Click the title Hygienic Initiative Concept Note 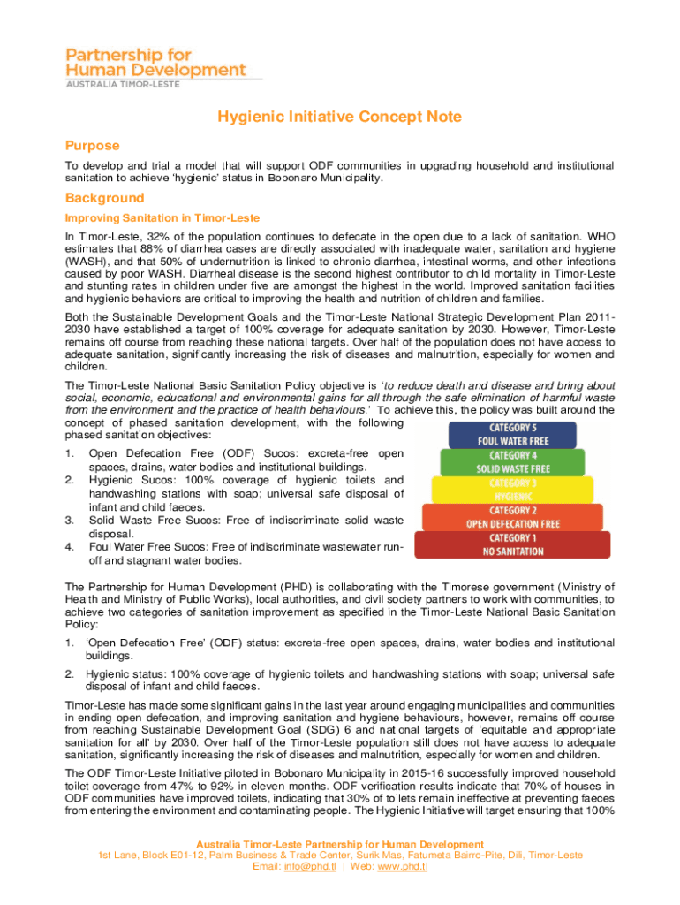[339, 117]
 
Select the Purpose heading [92, 145]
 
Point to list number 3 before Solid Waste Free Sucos [70, 521]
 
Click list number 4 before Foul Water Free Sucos [70, 547]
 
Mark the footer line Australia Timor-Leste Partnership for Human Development [340, 844]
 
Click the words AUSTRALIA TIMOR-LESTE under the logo [124, 84]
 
